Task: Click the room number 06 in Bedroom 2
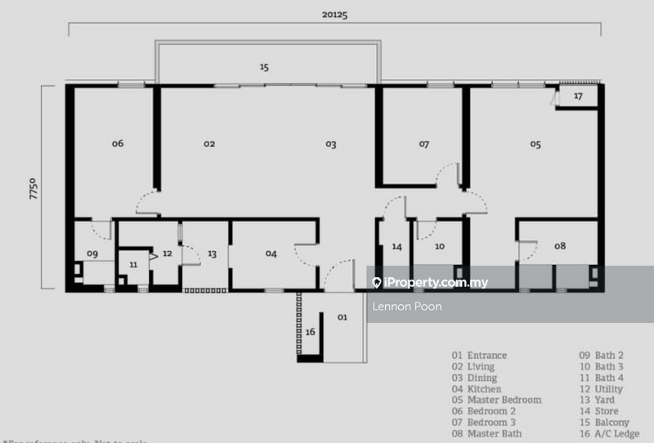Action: [118, 143]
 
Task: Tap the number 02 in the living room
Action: [209, 143]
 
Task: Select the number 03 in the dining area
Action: [330, 144]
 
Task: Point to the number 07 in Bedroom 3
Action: [423, 144]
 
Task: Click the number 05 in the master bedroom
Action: [535, 144]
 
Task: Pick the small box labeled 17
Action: [577, 96]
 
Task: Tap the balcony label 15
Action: [263, 67]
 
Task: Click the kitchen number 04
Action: [271, 254]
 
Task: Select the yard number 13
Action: [212, 254]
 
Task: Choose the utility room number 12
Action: [167, 253]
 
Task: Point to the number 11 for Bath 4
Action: [134, 266]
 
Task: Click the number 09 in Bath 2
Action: [92, 253]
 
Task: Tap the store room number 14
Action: [396, 246]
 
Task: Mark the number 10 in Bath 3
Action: [439, 246]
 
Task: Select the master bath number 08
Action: [560, 245]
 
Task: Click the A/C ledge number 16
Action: [310, 332]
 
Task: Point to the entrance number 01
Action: [342, 315]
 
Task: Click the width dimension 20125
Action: [335, 13]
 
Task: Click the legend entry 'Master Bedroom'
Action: [504, 400]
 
